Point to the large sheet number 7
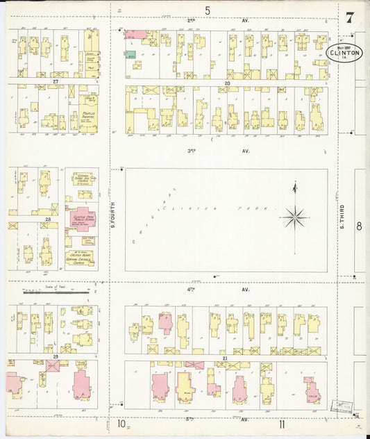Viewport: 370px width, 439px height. [x=349, y=17]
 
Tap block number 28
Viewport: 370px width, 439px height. [x=48, y=219]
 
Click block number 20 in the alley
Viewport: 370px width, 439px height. [x=226, y=83]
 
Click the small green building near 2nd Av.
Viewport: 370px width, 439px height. [x=131, y=53]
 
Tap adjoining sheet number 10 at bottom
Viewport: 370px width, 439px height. [x=120, y=423]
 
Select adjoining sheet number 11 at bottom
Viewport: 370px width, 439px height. [x=282, y=423]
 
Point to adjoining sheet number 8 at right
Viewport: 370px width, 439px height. [x=359, y=226]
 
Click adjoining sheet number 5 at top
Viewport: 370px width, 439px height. [x=207, y=10]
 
